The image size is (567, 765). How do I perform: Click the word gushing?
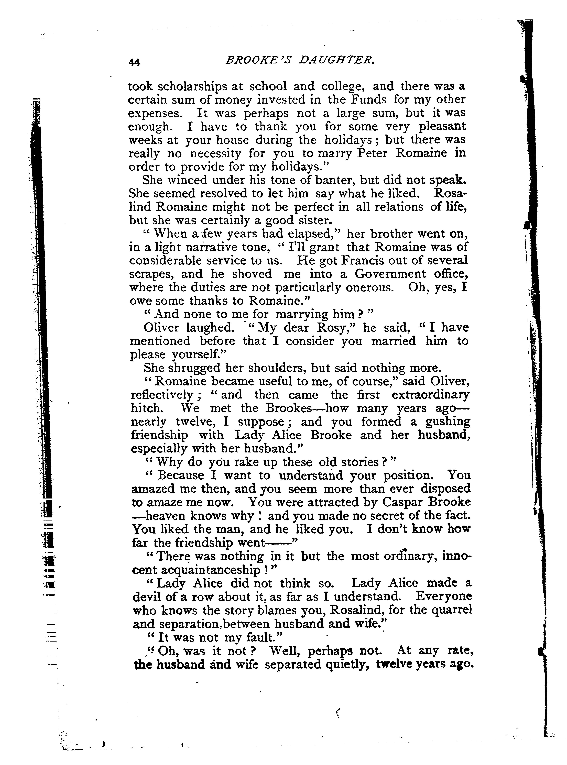point(448,422)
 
